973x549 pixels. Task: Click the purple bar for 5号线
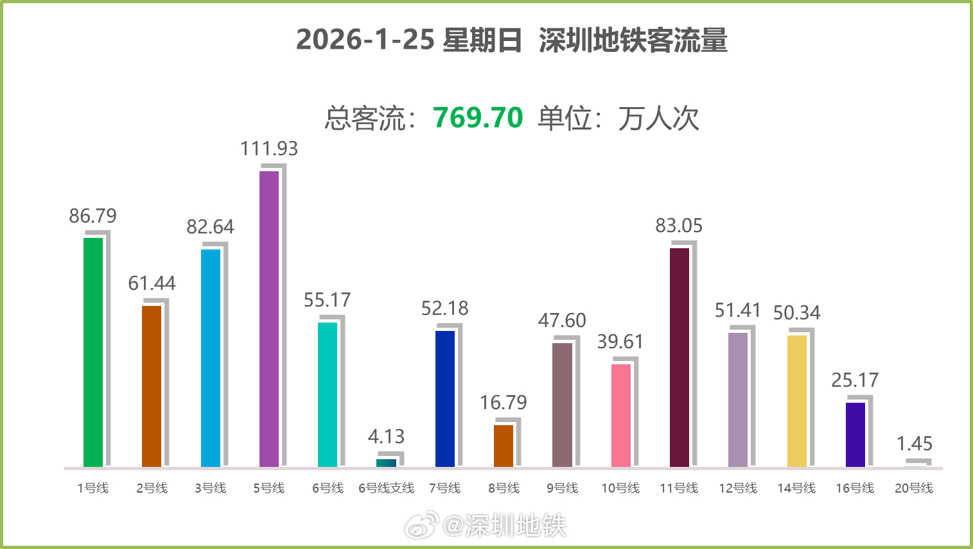click(269, 319)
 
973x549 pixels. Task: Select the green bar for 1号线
click(93, 352)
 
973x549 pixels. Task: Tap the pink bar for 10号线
click(621, 415)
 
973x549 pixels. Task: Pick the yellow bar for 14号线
click(797, 401)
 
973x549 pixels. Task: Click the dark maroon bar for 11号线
click(679, 357)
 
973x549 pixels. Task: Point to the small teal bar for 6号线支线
click(387, 462)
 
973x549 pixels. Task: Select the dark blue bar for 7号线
click(445, 398)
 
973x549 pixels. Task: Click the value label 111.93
click(269, 149)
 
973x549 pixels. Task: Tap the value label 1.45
click(915, 444)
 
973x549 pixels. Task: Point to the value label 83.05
click(679, 226)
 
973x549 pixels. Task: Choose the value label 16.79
click(504, 403)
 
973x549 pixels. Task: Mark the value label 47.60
click(562, 321)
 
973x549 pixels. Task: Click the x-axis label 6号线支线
click(387, 488)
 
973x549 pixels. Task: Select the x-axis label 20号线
click(914, 488)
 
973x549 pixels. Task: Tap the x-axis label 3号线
click(211, 488)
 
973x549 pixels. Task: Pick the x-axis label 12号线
click(738, 488)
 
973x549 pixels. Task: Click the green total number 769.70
click(478, 118)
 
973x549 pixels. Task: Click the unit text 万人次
click(659, 119)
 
